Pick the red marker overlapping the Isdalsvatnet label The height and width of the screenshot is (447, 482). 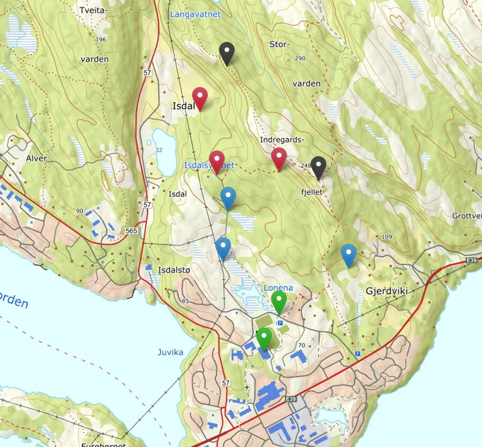tap(216, 160)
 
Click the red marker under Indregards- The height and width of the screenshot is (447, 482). tap(278, 158)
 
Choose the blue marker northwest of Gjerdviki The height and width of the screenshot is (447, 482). tap(349, 254)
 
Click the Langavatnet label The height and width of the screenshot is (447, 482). tap(195, 14)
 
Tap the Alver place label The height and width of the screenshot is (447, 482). tap(36, 158)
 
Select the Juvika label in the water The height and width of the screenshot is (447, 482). tap(170, 352)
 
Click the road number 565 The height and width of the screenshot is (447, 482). tap(131, 231)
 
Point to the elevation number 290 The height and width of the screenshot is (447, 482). tap(299, 58)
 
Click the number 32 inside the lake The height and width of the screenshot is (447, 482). tap(159, 150)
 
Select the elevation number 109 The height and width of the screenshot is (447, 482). tap(387, 236)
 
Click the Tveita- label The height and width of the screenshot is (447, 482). tap(93, 10)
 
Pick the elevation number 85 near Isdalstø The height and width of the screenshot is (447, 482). tap(186, 301)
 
